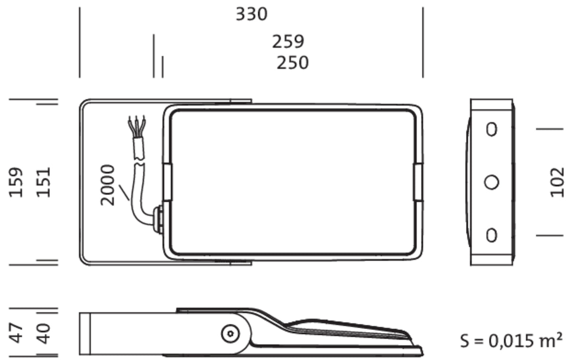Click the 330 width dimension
pos(251,14)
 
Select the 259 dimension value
pos(288,41)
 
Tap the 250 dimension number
pos(293,63)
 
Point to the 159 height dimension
pos(16,182)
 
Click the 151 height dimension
pos(43,182)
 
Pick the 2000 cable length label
pos(107,185)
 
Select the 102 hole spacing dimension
pos(557,182)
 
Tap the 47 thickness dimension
pos(16,333)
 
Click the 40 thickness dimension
pos(43,333)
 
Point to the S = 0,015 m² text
pos(511,341)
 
